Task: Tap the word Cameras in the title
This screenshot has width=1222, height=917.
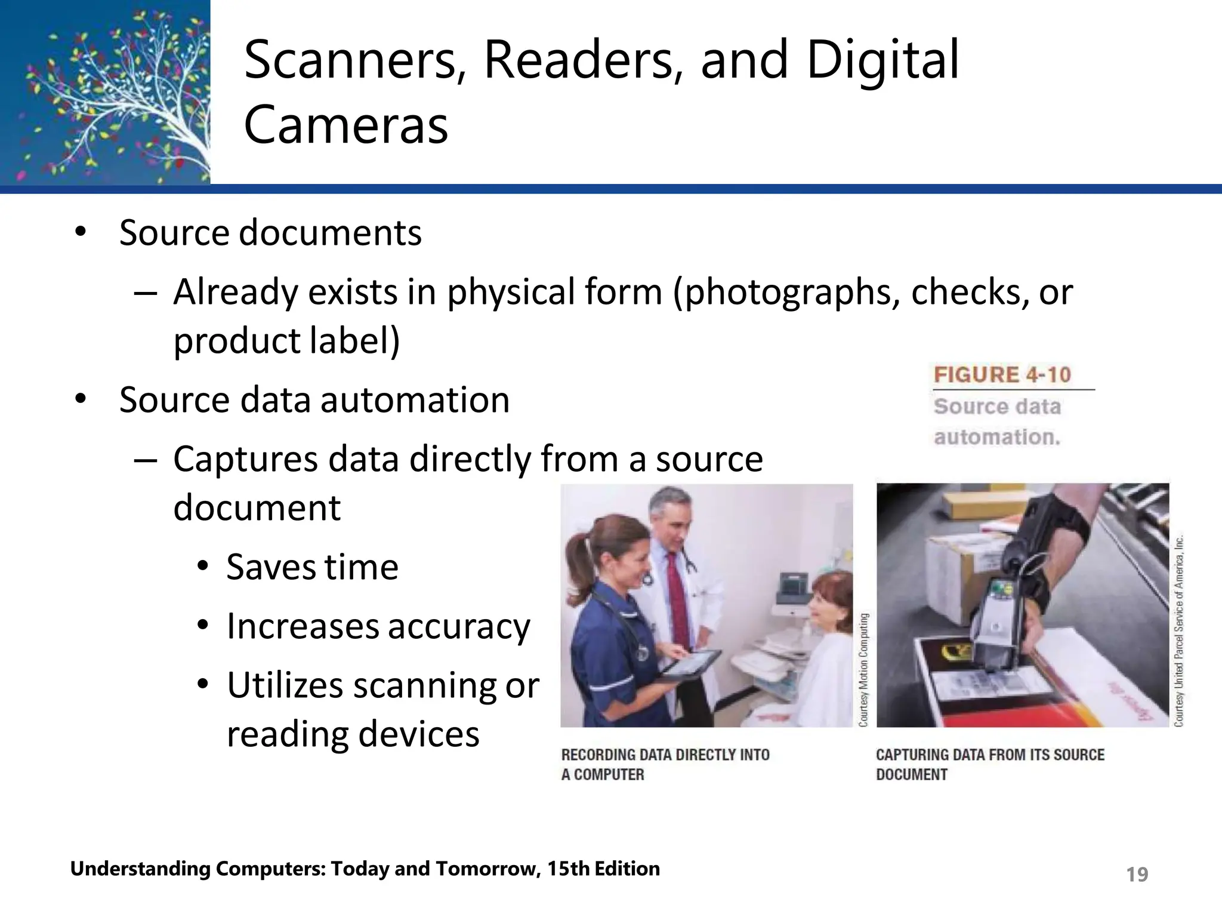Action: (x=345, y=125)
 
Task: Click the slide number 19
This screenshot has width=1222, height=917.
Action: (x=1137, y=875)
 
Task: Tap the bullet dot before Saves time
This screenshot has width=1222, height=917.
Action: (x=203, y=565)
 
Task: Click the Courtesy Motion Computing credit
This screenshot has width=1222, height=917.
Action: (x=864, y=669)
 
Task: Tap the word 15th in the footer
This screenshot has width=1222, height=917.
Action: (x=569, y=869)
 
